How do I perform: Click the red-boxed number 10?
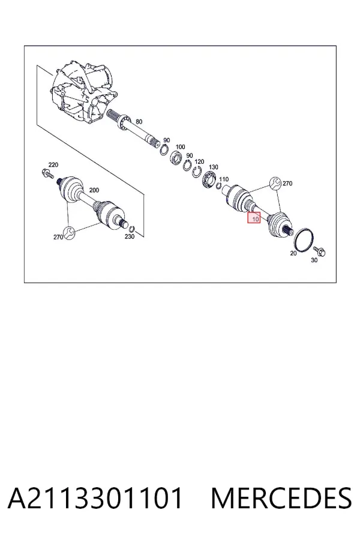pos(255,218)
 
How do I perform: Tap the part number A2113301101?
pos(95,498)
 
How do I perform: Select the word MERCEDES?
pos(281,498)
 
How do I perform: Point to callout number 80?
pos(139,122)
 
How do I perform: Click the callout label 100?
pos(180,147)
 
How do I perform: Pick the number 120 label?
pos(199,161)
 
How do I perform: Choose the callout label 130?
pos(213,167)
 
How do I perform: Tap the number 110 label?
pos(224,179)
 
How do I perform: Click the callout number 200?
pos(94,190)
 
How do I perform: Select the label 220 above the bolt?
pos(53,164)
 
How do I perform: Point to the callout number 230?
pos(130,236)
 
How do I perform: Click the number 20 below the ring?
pos(293,253)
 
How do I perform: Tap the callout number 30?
pos(314,260)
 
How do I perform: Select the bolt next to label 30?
pos(319,251)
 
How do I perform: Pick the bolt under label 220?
pos(47,173)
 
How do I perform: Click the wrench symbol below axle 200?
pos(69,232)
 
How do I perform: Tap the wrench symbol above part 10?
pos(275,183)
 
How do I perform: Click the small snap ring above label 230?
pos(132,229)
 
